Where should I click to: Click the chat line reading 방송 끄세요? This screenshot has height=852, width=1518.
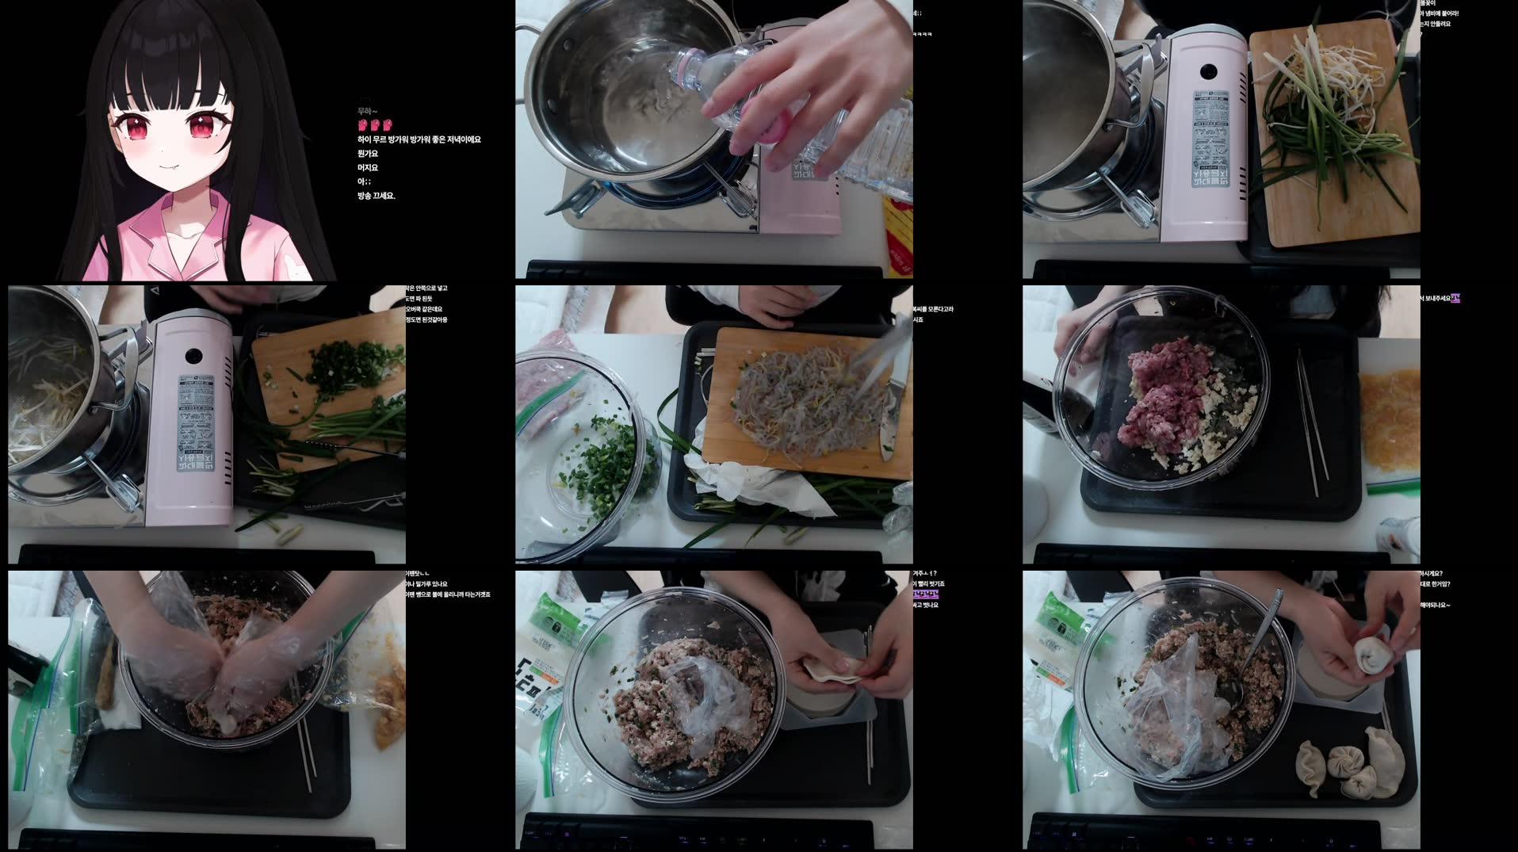376,196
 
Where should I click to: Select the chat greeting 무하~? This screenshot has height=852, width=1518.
367,112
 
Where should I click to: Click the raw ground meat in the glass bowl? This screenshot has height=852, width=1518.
1161,396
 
